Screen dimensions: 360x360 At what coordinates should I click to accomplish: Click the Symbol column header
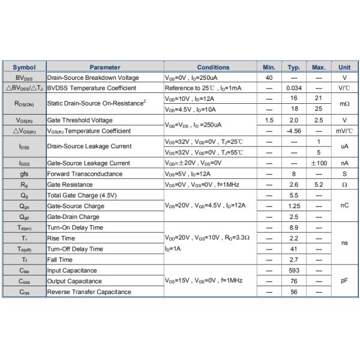point(24,67)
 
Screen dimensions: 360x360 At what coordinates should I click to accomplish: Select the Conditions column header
point(213,67)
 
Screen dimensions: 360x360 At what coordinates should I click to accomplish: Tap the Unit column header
point(344,67)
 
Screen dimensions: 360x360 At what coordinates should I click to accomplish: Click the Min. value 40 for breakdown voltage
point(269,77)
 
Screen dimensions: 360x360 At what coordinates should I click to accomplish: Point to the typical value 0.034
point(294,88)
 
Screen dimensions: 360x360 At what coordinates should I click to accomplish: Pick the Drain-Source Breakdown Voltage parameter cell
point(93,77)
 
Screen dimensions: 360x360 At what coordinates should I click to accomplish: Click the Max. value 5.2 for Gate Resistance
point(319,184)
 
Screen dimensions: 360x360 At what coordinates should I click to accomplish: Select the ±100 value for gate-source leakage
point(319,163)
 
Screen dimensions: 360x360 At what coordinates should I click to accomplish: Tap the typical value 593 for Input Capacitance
point(294,270)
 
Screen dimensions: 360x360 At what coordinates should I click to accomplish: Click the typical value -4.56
point(294,131)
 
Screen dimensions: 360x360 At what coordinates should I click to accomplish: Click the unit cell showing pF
point(344,281)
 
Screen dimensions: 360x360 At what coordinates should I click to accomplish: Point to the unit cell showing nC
point(344,206)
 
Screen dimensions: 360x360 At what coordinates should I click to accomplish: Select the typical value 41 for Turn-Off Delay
point(294,249)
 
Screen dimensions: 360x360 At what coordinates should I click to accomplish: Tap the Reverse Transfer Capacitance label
point(89,292)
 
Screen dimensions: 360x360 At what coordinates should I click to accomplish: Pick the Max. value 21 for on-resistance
point(319,98)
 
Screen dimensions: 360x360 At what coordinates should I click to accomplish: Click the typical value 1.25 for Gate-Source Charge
point(294,206)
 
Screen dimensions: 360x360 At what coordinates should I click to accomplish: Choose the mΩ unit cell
point(344,103)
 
